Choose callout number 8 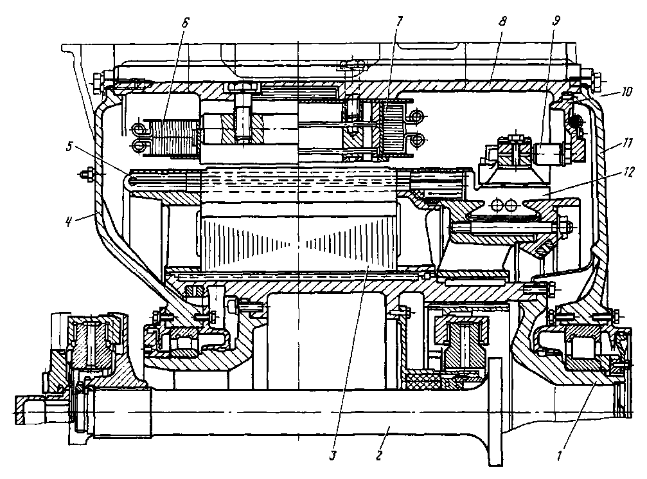pyautogui.click(x=502, y=21)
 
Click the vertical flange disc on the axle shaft pyautogui.click(x=493, y=411)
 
